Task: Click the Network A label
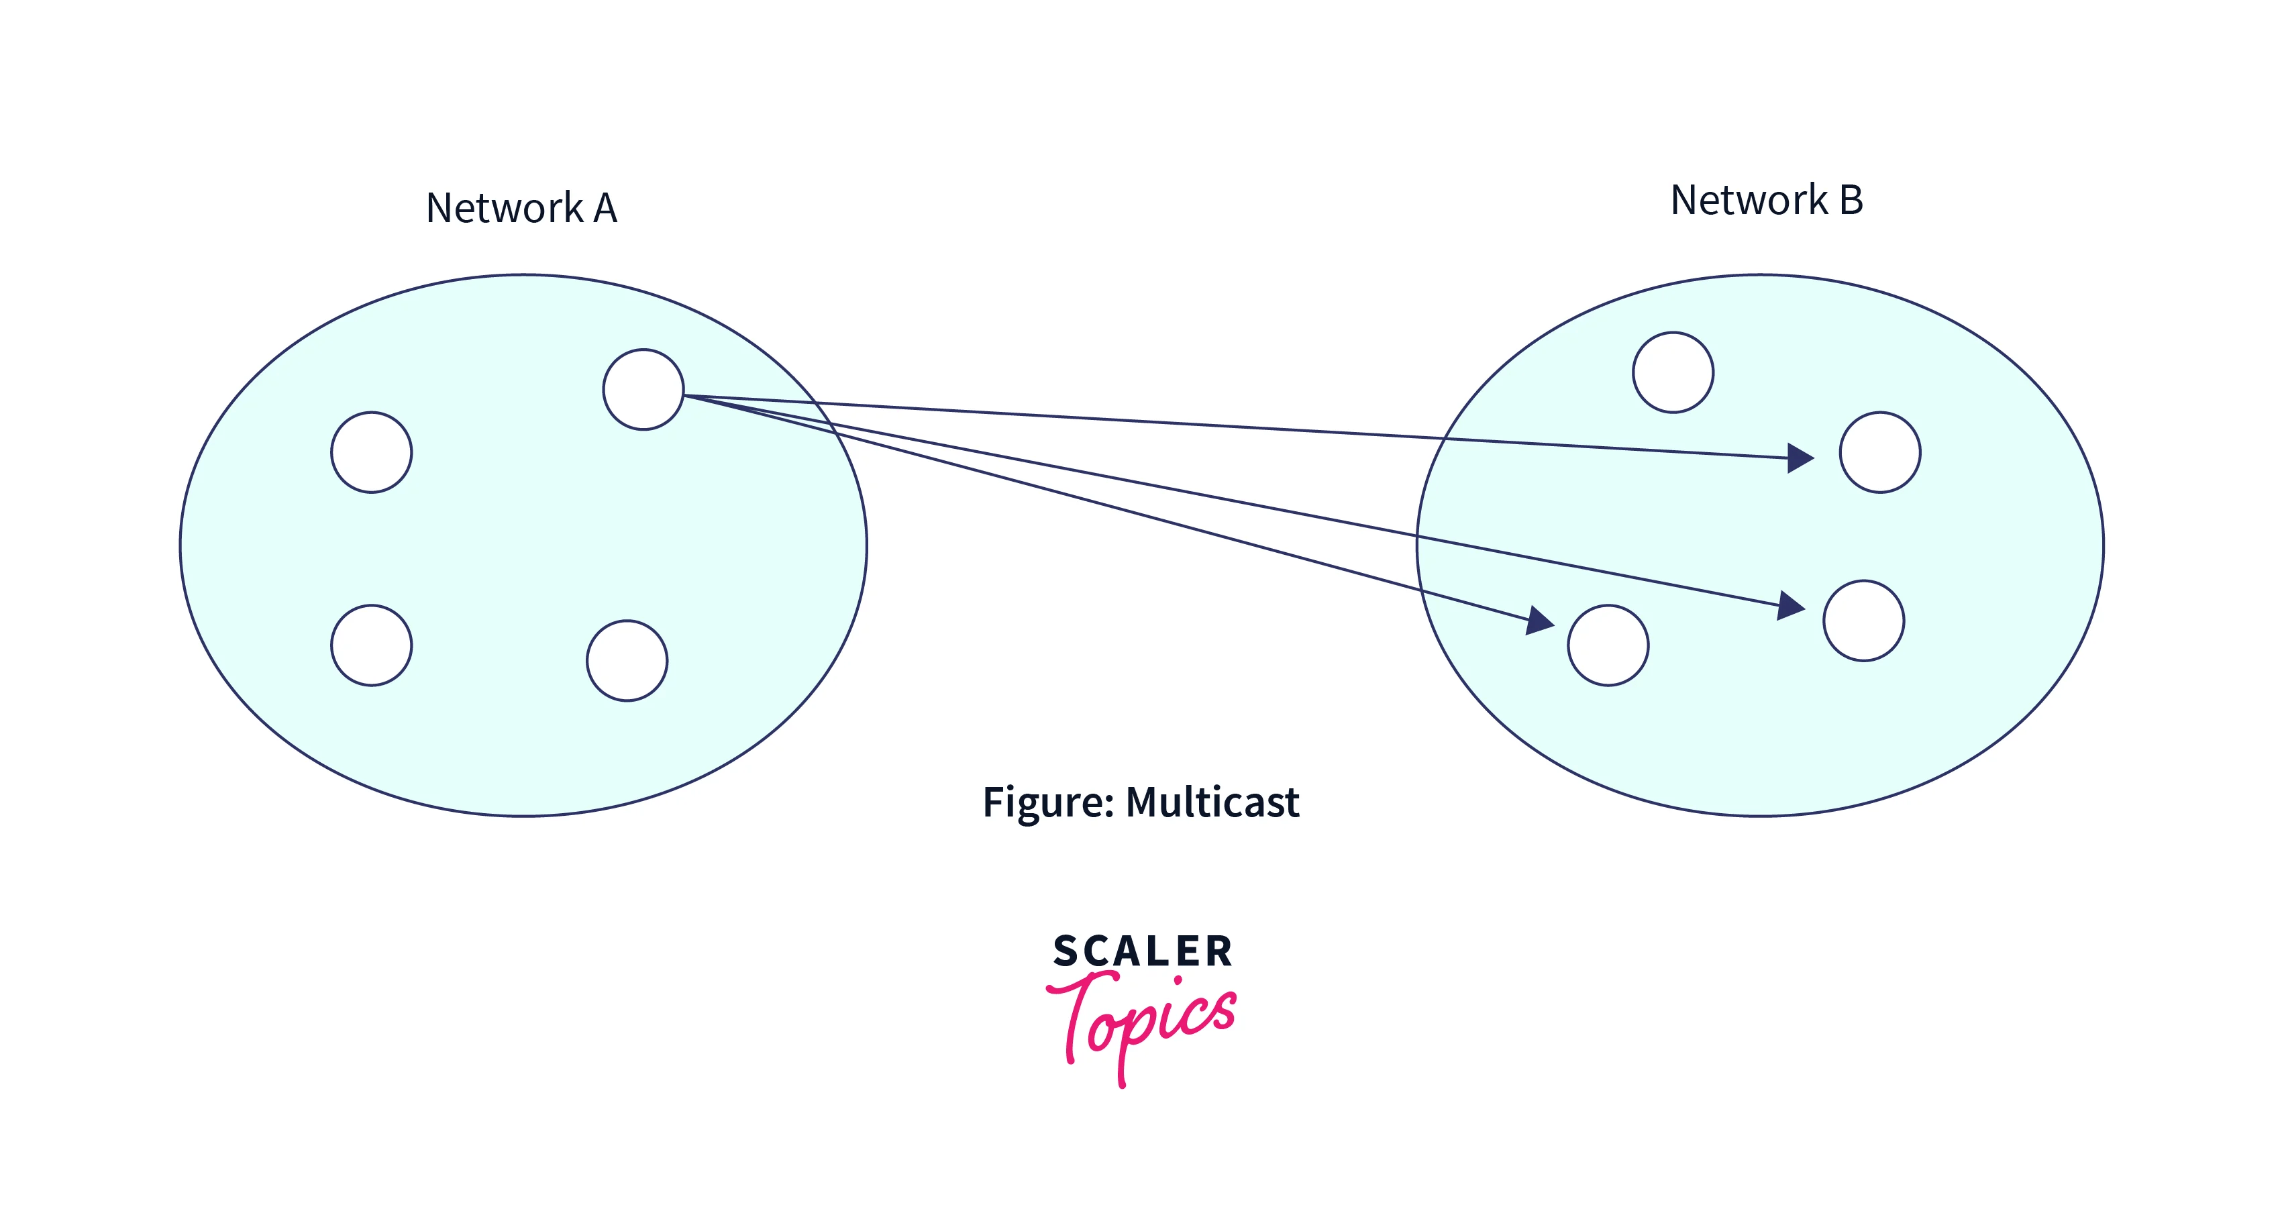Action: point(521,208)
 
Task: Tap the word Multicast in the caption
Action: point(1212,802)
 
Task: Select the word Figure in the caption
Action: point(1048,802)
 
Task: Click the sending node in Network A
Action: point(643,390)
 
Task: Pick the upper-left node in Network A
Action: point(371,452)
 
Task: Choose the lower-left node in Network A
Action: point(371,645)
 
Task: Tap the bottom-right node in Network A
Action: point(627,661)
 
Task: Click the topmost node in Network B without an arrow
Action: point(1673,372)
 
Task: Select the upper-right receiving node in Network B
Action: point(1880,452)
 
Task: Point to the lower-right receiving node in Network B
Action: point(1863,620)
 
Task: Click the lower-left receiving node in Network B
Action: point(1608,645)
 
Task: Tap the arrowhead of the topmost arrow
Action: point(1801,458)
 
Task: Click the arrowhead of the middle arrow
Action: point(1792,607)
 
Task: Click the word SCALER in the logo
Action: point(1143,951)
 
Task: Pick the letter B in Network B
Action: point(1851,200)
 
